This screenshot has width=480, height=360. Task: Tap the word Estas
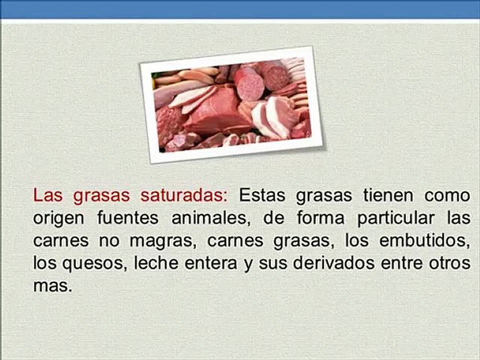click(x=262, y=195)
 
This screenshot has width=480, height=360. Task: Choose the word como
click(x=446, y=195)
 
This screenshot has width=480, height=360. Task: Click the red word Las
click(x=48, y=195)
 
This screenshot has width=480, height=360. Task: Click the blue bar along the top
click(x=240, y=9)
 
